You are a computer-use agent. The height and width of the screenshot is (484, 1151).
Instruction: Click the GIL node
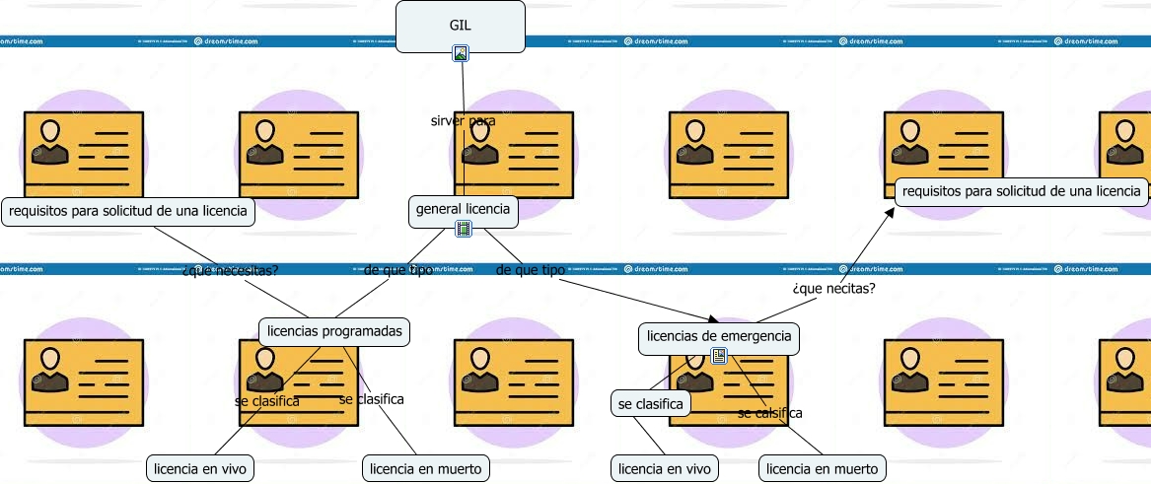click(461, 26)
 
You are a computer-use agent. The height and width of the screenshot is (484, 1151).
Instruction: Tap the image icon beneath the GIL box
click(461, 53)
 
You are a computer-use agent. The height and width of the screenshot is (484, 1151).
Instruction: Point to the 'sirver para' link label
click(463, 121)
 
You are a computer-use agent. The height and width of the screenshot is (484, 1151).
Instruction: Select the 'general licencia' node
click(463, 209)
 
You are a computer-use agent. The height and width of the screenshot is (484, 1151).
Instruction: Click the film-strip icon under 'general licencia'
click(464, 229)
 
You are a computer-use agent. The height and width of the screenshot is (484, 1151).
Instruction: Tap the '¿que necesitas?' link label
click(231, 270)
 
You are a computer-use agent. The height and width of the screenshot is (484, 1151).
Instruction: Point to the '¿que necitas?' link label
click(833, 289)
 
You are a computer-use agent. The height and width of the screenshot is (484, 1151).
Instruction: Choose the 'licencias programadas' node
click(335, 331)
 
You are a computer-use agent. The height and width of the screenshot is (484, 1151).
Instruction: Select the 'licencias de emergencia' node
click(719, 337)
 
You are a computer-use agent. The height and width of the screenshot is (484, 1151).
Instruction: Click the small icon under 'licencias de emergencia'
click(719, 356)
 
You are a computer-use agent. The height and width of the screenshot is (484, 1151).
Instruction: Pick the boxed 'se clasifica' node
click(651, 403)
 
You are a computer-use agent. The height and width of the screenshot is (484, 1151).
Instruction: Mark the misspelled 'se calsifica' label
click(769, 413)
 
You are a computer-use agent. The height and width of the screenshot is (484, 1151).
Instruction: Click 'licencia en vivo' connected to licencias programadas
click(201, 468)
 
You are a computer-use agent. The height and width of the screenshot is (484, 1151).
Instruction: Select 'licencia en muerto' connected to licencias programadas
click(427, 468)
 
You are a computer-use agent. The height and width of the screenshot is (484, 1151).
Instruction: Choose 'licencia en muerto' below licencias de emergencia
click(823, 468)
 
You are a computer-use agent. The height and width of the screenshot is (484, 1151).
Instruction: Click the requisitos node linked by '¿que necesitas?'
click(128, 211)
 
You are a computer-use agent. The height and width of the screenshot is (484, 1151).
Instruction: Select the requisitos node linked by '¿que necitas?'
click(1022, 191)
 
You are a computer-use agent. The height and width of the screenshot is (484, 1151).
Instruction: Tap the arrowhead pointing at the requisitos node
click(891, 210)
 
